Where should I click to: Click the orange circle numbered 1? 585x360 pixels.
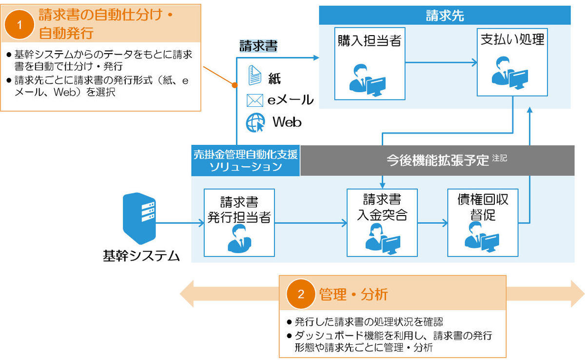(x=19, y=24)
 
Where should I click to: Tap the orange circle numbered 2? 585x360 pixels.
(x=301, y=294)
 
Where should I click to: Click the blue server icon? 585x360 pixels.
(x=139, y=219)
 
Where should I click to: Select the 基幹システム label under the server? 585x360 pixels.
(x=141, y=256)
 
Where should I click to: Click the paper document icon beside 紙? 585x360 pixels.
(x=254, y=75)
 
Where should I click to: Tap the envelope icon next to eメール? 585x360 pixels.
(x=254, y=100)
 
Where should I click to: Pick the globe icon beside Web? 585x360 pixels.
(x=255, y=122)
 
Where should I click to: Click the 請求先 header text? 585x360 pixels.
(x=445, y=16)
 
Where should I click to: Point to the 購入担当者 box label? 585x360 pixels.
(x=370, y=40)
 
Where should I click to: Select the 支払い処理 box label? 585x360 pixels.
(x=512, y=40)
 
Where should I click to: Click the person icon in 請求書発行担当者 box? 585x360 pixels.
(x=239, y=239)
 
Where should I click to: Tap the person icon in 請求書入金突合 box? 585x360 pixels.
(x=383, y=239)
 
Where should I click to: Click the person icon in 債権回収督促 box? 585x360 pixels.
(x=482, y=237)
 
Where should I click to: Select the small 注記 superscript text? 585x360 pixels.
(x=499, y=158)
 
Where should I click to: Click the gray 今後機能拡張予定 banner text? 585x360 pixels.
(x=437, y=160)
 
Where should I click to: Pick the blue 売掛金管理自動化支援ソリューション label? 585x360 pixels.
(x=246, y=160)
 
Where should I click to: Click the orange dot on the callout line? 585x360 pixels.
(x=235, y=85)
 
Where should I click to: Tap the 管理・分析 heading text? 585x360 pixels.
(x=353, y=295)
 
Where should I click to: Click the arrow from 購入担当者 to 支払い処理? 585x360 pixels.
(x=441, y=62)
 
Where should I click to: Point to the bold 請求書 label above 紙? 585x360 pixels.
(x=258, y=46)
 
